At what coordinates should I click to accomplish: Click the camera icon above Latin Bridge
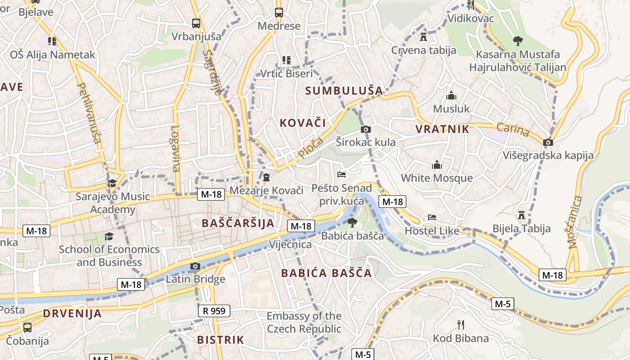pyautogui.click(x=195, y=266)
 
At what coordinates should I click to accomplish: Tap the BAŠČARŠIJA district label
pyautogui.click(x=238, y=223)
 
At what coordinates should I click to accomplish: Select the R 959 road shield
pyautogui.click(x=214, y=310)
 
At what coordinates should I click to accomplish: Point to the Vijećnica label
pyautogui.click(x=290, y=245)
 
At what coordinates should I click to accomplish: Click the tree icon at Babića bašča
pyautogui.click(x=352, y=222)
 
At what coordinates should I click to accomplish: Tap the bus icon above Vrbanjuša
pyautogui.click(x=196, y=23)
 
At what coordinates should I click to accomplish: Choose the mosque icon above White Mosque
pyautogui.click(x=436, y=165)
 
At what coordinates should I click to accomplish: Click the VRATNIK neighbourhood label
pyautogui.click(x=442, y=130)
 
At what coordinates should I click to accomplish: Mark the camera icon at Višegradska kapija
pyautogui.click(x=548, y=142)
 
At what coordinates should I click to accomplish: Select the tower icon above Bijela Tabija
pyautogui.click(x=522, y=215)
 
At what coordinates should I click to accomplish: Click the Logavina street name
pyautogui.click(x=175, y=148)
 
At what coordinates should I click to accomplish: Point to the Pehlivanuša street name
pyautogui.click(x=89, y=112)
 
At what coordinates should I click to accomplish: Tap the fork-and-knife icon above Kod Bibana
pyautogui.click(x=460, y=324)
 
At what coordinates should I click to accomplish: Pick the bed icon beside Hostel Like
pyautogui.click(x=432, y=217)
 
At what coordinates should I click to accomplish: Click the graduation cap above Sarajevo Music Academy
pyautogui.click(x=112, y=183)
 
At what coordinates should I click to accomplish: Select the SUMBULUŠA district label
pyautogui.click(x=344, y=90)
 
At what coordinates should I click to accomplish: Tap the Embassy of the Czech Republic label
pyautogui.click(x=304, y=322)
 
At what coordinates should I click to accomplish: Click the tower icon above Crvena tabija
pyautogui.click(x=423, y=36)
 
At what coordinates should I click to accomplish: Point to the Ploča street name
pyautogui.click(x=310, y=148)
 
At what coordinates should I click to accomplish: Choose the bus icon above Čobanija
pyautogui.click(x=27, y=327)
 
